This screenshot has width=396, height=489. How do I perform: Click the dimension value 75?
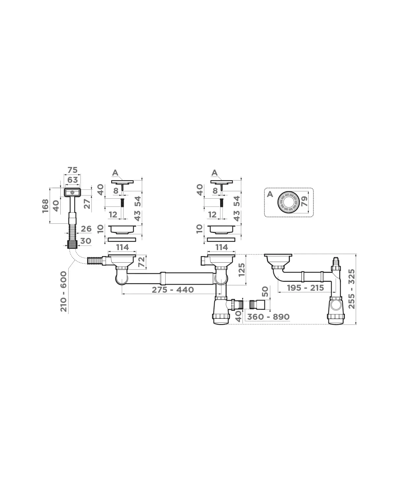[x=72, y=170]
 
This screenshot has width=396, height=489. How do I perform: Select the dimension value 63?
[x=72, y=180]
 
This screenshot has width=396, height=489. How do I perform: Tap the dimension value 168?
[x=46, y=206]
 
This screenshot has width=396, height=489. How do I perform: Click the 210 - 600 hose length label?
[x=63, y=291]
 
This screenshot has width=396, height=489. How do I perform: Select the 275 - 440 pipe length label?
[x=173, y=290]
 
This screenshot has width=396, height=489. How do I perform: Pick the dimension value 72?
[x=141, y=262]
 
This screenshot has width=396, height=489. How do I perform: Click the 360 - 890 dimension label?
[x=268, y=317]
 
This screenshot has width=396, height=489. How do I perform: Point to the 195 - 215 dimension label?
[x=305, y=288]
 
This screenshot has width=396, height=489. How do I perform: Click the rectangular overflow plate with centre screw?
[x=72, y=192]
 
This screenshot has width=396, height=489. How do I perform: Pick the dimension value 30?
[x=85, y=241]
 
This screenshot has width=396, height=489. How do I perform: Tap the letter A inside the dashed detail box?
[x=270, y=194]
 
